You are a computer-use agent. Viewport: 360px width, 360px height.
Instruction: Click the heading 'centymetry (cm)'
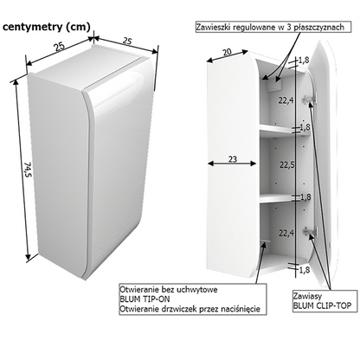coord(47,27)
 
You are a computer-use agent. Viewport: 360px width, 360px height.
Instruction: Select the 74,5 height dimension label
coord(28,170)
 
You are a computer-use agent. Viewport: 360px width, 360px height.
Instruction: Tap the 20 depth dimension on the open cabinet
coord(227,52)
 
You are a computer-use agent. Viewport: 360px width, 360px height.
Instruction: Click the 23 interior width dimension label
coord(233,159)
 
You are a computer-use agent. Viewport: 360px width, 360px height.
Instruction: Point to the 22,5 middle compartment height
coord(286,164)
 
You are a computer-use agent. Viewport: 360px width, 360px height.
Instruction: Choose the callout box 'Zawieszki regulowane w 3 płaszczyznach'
coord(273,27)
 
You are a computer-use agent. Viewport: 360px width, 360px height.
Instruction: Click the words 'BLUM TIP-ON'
coord(145,299)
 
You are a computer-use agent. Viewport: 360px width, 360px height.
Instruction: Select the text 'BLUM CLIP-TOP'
coord(322,305)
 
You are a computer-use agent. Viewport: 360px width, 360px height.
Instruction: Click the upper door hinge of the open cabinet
coord(309,99)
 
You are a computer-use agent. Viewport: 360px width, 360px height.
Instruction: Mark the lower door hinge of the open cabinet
coord(310,231)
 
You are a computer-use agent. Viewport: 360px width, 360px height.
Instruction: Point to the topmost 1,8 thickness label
coord(304,60)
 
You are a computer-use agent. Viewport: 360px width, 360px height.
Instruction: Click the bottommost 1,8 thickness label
coord(305,270)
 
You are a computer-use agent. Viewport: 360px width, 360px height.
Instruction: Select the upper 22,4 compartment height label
coord(286,100)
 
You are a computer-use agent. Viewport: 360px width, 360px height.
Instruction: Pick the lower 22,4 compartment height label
coord(286,233)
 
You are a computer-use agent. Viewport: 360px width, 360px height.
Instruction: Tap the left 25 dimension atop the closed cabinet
coord(60,46)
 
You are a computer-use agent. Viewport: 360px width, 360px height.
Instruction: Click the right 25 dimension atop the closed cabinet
coord(127,41)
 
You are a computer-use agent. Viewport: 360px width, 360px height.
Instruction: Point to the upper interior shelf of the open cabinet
coord(284,129)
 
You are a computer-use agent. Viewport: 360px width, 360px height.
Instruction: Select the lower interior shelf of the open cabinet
coord(284,198)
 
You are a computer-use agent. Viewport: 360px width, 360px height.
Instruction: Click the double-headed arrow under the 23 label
coord(232,164)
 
